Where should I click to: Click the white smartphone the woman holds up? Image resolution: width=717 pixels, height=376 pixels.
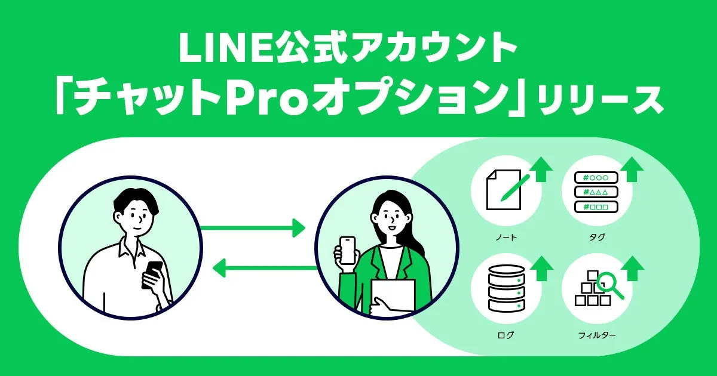coord(347,249)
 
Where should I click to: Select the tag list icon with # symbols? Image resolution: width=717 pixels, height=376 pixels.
coord(591,191)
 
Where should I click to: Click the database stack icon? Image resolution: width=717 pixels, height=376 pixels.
coord(505,288)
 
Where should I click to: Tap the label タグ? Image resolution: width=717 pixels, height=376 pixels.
coord(596,238)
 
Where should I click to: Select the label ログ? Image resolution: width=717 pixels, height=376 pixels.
coord(505,335)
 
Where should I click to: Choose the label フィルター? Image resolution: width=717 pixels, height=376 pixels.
coord(596,335)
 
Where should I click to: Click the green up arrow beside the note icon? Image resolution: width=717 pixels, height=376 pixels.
coord(543,169)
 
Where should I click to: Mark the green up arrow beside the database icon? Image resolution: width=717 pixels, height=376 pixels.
coord(543,269)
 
